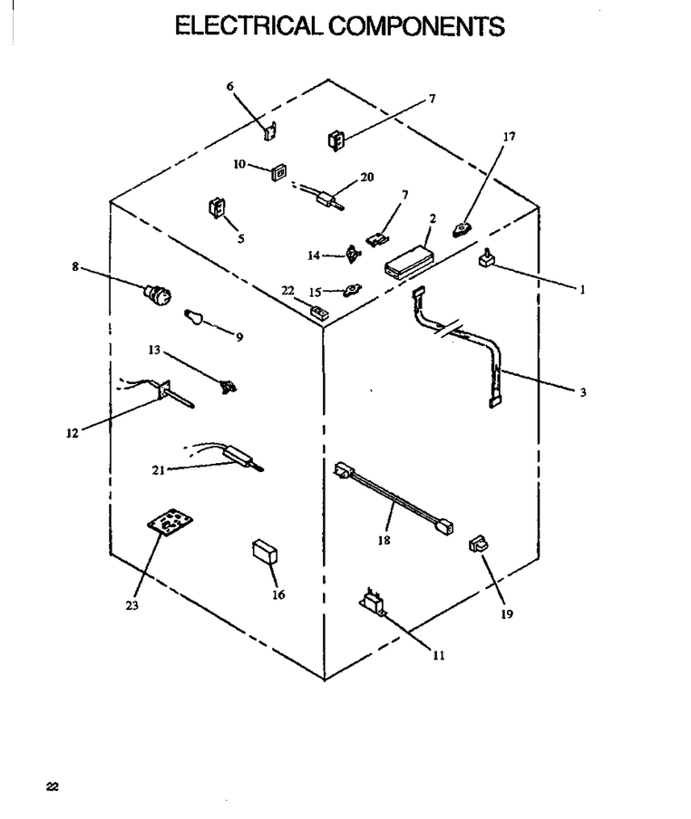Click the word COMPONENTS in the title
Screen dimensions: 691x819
coord(416,26)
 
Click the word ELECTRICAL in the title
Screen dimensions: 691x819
coord(248,26)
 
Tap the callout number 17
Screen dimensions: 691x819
coord(509,137)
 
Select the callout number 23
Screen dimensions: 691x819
coord(131,605)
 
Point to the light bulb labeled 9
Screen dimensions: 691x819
coord(194,317)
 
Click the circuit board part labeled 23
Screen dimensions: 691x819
coord(170,522)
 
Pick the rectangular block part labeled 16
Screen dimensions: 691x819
coord(265,552)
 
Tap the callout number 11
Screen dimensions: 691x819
coord(439,656)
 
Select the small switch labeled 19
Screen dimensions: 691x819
coord(478,544)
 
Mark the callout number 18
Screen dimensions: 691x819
coord(384,540)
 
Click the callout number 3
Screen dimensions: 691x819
coord(583,392)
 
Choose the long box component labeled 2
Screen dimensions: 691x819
coord(409,260)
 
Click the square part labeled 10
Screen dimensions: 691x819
coord(278,172)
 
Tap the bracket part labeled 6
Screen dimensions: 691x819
coord(270,131)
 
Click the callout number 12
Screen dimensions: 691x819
coord(73,433)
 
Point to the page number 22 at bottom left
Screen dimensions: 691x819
coord(53,786)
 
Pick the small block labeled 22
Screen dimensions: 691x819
coord(319,312)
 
